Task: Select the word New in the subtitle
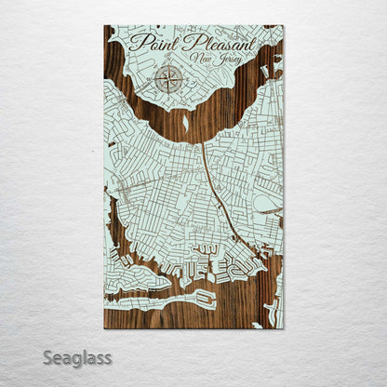pyautogui.click(x=198, y=60)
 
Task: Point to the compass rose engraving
pyautogui.click(x=168, y=79)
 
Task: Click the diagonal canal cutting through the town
pyautogui.click(x=219, y=200)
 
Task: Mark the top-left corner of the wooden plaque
pyautogui.click(x=104, y=26)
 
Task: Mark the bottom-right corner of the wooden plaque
pyautogui.click(x=283, y=328)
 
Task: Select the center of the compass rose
pyautogui.click(x=168, y=79)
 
